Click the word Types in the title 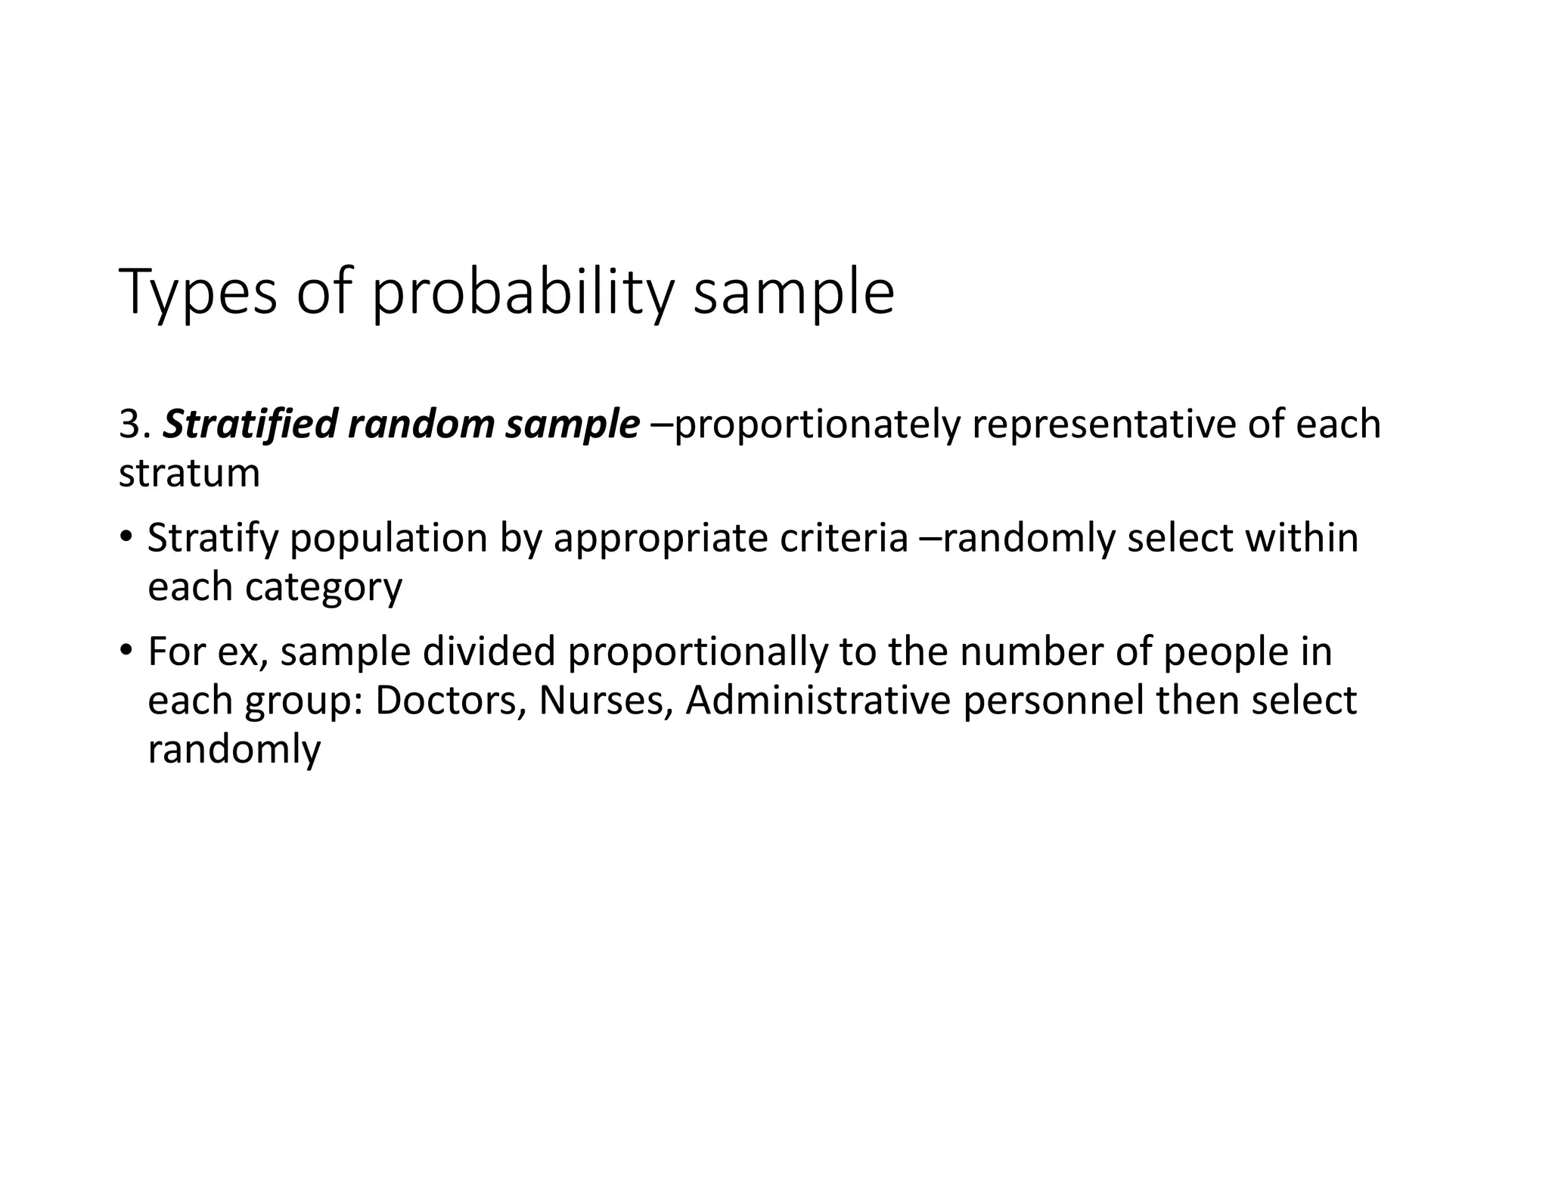pos(198,294)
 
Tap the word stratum pos(189,474)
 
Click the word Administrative pos(818,701)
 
